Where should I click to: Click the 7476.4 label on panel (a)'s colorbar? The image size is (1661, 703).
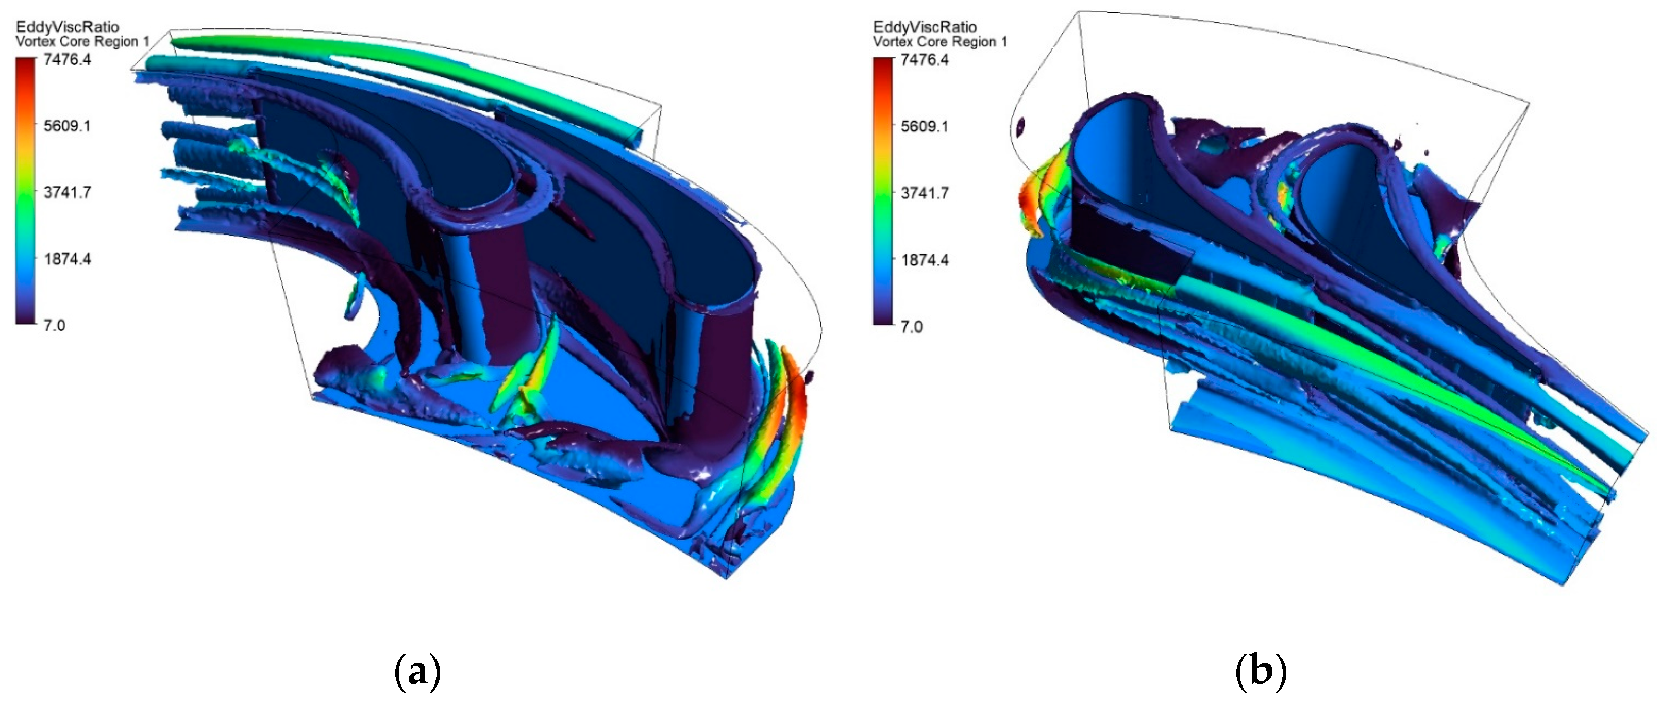pos(67,60)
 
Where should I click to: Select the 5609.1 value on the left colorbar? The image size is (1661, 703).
pos(67,126)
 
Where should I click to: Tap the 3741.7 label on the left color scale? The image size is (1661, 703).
pos(67,192)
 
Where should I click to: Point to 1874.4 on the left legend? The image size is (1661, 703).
pos(67,259)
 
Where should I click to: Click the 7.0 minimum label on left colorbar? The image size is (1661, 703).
pos(54,325)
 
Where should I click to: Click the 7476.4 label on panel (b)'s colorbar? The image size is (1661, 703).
pos(925,60)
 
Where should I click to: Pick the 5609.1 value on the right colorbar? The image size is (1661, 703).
pos(925,126)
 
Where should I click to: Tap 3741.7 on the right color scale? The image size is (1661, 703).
pos(925,193)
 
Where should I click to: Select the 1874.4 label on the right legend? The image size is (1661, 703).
pos(925,260)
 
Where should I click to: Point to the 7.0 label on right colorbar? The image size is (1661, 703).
pos(912,326)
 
